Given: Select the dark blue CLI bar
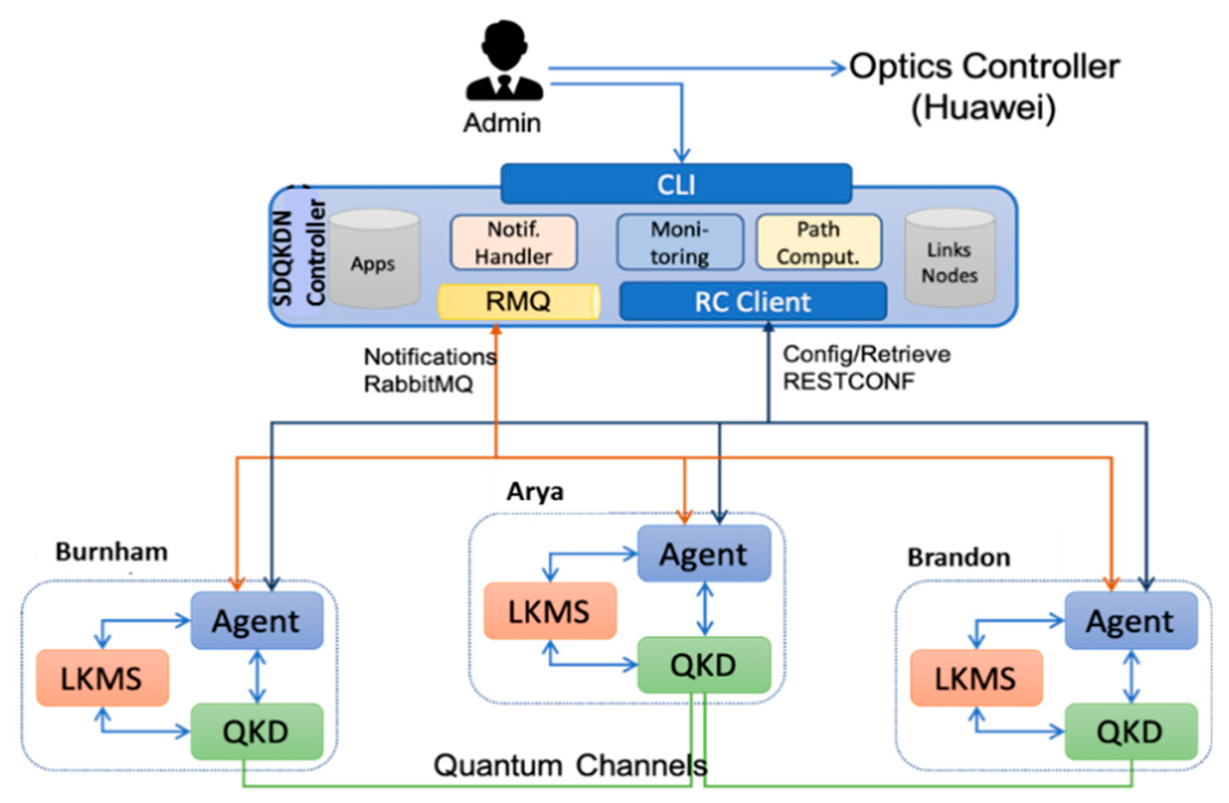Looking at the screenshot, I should pos(675,184).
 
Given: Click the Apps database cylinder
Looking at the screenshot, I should pos(374,259).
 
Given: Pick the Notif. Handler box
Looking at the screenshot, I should pos(513,242).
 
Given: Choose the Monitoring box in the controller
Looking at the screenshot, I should pos(679,242).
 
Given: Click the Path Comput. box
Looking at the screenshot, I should pos(818,242).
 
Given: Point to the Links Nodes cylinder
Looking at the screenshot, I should pos(949,259).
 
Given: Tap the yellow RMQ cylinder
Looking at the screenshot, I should pos(518,302).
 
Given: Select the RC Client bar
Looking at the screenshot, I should pos(752,302).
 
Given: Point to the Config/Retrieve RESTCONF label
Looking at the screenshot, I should pos(865,367).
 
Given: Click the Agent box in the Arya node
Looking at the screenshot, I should pos(704,554).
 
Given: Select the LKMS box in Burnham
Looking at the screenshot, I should pos(102,678).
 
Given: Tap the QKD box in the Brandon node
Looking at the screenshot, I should pos(1130,732).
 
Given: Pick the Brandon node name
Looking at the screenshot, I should pos(958,557).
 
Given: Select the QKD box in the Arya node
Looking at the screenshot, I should pos(704,665).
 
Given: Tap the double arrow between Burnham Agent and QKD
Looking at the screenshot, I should pos(257,676).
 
